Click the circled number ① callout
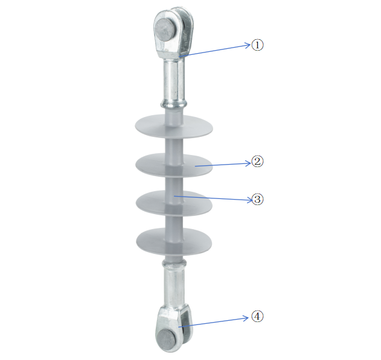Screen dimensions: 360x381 click(258, 45)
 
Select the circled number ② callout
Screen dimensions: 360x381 click(258, 162)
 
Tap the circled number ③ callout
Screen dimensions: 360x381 click(258, 199)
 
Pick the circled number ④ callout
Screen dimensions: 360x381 click(258, 317)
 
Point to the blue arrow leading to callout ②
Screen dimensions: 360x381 click(223, 163)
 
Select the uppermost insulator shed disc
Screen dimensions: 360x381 click(174, 127)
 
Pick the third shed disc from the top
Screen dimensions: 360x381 click(174, 203)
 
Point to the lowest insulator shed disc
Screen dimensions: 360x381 click(174, 241)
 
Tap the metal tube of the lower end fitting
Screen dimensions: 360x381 click(174, 286)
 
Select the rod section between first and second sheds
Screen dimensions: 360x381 click(173, 145)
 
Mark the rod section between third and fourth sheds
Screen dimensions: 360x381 click(174, 222)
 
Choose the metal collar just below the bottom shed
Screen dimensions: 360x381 click(174, 262)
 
